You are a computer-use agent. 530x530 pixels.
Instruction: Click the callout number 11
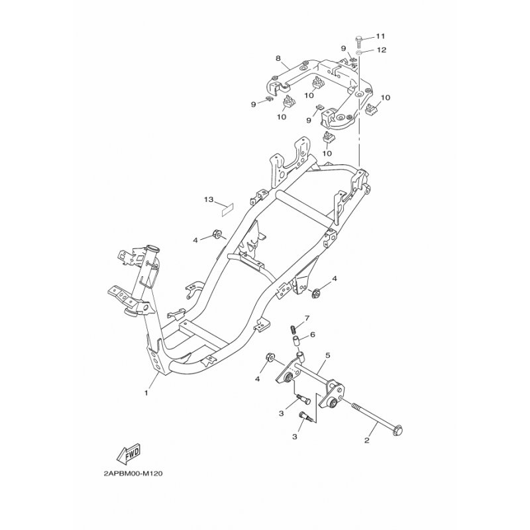coord(380,36)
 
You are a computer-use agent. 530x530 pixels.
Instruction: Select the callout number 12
coord(382,50)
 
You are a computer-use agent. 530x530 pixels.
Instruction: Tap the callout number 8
coord(278,58)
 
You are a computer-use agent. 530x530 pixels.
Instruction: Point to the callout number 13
coord(209,199)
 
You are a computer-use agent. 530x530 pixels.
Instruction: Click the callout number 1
coord(146,393)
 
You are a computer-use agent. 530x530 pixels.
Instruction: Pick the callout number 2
coord(367,441)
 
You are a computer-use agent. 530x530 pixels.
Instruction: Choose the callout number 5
coord(327,355)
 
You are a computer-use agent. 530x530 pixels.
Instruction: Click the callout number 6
coord(312,335)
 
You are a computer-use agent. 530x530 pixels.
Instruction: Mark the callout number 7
coord(307,318)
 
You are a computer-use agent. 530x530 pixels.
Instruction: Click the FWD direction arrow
coord(129,454)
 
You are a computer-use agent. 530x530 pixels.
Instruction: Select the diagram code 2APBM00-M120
coord(133,474)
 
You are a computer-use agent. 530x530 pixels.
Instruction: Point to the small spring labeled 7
coord(293,329)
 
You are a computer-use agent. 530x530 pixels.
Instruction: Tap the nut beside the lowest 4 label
coord(270,357)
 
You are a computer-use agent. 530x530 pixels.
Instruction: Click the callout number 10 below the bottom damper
coord(327,153)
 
